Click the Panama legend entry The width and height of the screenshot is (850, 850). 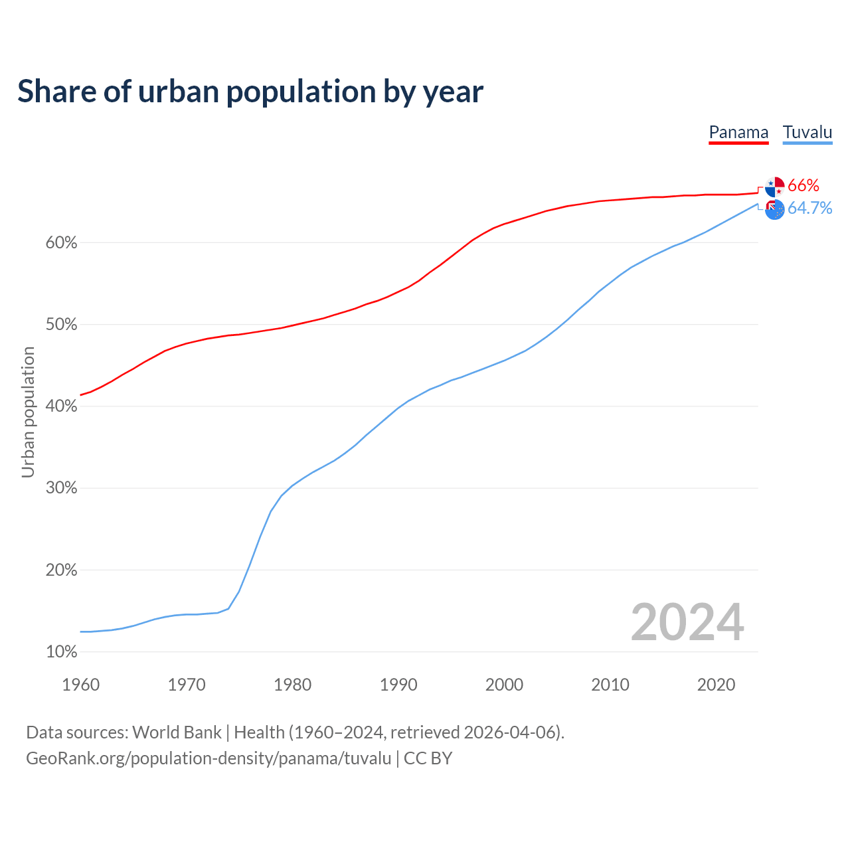(738, 132)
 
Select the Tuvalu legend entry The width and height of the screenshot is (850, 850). (807, 132)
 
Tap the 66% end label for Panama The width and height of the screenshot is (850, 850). (804, 185)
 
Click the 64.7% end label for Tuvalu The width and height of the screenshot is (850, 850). (810, 209)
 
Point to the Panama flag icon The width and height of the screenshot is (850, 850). (774, 187)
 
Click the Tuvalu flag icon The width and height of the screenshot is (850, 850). (774, 209)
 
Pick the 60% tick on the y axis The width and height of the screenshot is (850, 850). (62, 243)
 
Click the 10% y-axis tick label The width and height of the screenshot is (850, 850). (62, 652)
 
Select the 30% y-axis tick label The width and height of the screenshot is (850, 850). (62, 488)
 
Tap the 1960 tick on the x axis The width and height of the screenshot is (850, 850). (80, 685)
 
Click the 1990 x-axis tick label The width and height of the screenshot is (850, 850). (398, 685)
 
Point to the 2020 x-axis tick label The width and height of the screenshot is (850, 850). (716, 685)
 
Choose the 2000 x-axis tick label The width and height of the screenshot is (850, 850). (504, 685)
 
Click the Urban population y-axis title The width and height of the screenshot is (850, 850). (28, 412)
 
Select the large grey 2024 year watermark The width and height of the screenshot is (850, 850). (687, 622)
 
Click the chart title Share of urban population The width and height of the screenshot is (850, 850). (250, 91)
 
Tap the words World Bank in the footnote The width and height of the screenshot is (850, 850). (177, 732)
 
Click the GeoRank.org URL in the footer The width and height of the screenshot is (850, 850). (209, 758)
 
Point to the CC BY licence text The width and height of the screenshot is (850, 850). (428, 758)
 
